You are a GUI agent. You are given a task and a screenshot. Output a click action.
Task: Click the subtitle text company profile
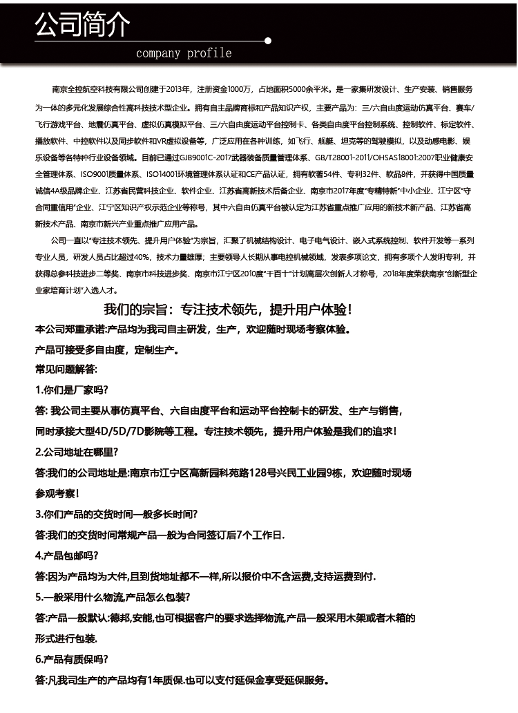(x=184, y=53)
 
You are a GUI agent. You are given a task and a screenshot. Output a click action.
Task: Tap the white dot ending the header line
(x=268, y=41)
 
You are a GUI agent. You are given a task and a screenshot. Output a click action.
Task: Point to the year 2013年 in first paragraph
(x=178, y=91)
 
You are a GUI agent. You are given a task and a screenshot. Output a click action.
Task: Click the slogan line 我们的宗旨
(x=228, y=310)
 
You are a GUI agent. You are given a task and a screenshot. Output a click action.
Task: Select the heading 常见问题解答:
(x=67, y=370)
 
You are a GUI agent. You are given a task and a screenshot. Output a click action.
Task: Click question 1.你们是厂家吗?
(x=71, y=390)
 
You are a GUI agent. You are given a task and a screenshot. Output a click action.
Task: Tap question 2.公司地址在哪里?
(x=77, y=453)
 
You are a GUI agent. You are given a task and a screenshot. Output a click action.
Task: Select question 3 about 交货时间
(x=116, y=514)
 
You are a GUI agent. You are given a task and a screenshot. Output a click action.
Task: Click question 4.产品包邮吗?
(x=67, y=555)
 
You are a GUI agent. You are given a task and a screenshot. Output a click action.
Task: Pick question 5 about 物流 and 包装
(x=113, y=597)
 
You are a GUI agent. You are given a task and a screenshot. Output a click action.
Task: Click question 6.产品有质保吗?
(x=71, y=659)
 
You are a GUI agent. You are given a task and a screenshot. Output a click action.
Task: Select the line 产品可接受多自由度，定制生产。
(x=107, y=350)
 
